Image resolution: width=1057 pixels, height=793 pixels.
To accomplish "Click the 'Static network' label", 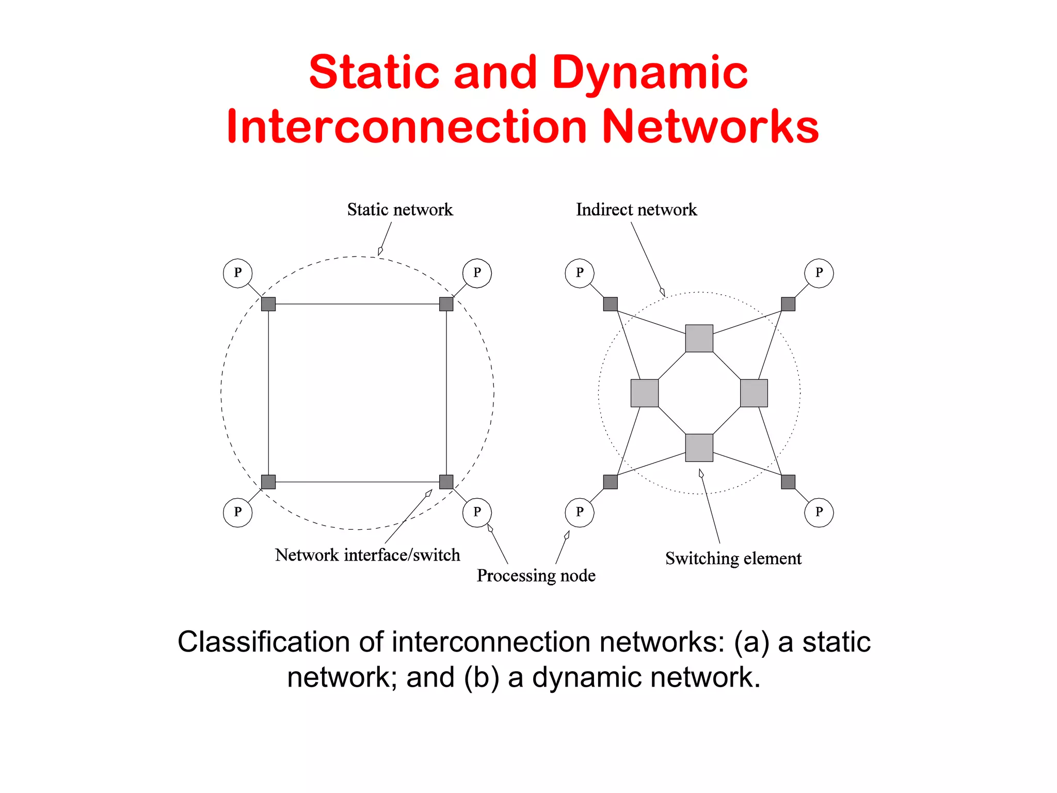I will pyautogui.click(x=399, y=210).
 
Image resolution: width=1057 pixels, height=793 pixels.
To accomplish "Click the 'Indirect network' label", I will pyautogui.click(x=636, y=210).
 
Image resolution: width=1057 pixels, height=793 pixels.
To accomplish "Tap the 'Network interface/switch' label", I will pyautogui.click(x=367, y=555).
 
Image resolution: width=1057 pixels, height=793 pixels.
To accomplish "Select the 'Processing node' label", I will pyautogui.click(x=536, y=576).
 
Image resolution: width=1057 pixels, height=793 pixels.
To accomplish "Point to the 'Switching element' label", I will pyautogui.click(x=733, y=559).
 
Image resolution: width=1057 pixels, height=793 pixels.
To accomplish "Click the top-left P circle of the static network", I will pyautogui.click(x=237, y=273).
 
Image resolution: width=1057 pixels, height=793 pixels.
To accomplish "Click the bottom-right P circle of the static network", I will pyautogui.click(x=477, y=512).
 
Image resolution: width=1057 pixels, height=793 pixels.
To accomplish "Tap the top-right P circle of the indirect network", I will pyautogui.click(x=819, y=273).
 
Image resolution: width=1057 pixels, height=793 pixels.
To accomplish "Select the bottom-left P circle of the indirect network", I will pyautogui.click(x=580, y=512).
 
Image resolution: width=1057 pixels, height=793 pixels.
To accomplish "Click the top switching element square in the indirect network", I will pyautogui.click(x=699, y=338).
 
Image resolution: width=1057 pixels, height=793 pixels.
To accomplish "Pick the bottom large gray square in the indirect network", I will pyautogui.click(x=699, y=448).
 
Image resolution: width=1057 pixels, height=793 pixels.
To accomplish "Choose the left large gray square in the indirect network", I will pyautogui.click(x=644, y=393).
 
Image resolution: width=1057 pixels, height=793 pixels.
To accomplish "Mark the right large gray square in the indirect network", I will pyautogui.click(x=754, y=393).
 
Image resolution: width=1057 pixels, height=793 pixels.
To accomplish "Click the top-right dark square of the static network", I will pyautogui.click(x=446, y=304).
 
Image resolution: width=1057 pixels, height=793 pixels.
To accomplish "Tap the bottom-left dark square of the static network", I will pyautogui.click(x=268, y=482).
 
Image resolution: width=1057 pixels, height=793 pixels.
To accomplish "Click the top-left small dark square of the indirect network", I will pyautogui.click(x=610, y=304).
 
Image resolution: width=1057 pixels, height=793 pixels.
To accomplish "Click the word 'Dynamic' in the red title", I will pyautogui.click(x=649, y=72).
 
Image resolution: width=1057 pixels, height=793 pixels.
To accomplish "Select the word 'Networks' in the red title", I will pyautogui.click(x=710, y=126).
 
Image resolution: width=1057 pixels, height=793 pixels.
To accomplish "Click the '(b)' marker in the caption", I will pyautogui.click(x=481, y=677).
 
